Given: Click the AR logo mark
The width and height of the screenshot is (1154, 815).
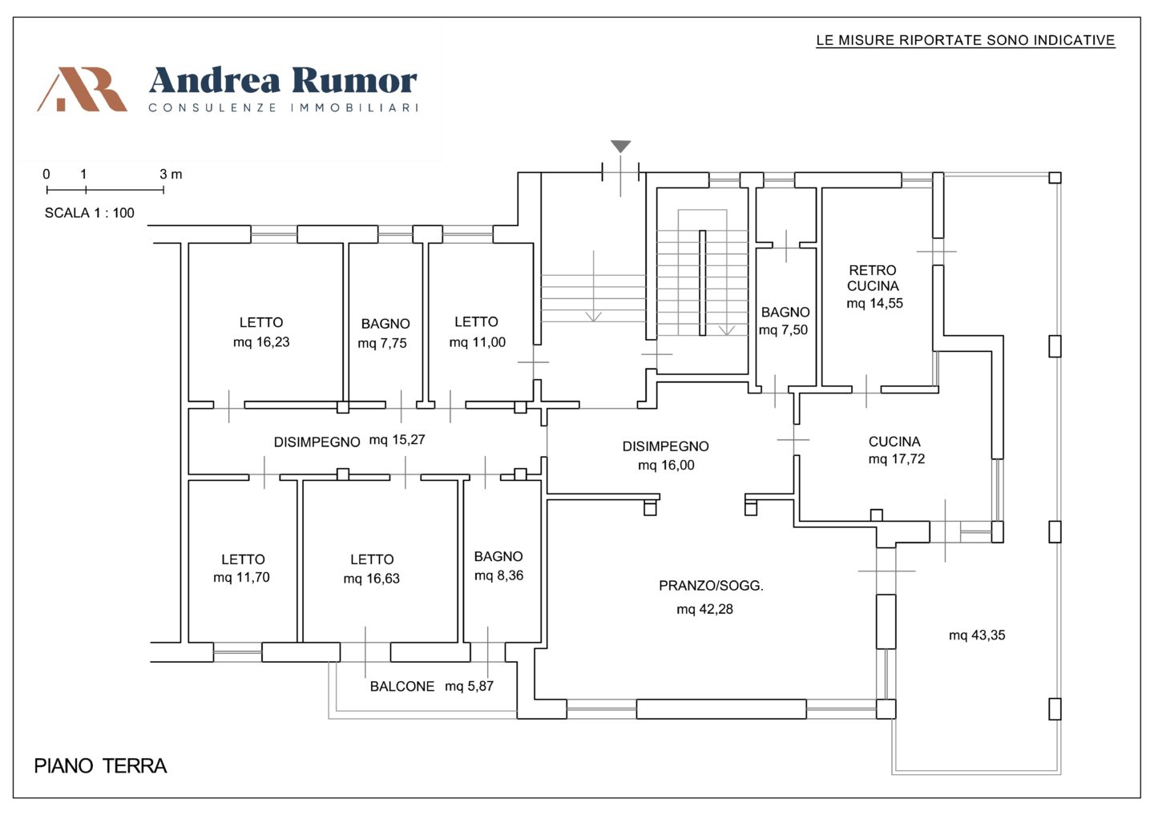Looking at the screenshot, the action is click(83, 89).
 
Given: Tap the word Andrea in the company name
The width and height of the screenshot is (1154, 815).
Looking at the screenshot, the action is click(215, 80).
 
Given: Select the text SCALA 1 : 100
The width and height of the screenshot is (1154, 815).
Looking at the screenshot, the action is click(89, 213).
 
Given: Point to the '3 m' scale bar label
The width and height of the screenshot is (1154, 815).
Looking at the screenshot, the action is click(171, 174).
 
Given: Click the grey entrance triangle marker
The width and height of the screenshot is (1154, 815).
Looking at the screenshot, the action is click(621, 146).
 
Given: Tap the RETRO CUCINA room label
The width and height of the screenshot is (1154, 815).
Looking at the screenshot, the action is click(873, 277).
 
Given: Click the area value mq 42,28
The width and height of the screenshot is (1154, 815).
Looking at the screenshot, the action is click(704, 609).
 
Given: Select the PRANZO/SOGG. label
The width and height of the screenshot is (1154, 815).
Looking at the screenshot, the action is click(711, 586).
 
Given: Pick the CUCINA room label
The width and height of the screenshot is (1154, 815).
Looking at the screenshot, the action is click(894, 442).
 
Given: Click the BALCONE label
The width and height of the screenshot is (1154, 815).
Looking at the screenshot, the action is click(402, 686).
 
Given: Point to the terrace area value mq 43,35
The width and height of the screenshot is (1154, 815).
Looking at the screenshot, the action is click(977, 635).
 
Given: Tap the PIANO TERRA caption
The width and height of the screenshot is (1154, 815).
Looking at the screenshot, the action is click(100, 766).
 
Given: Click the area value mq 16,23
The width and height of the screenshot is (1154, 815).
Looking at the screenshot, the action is click(261, 342).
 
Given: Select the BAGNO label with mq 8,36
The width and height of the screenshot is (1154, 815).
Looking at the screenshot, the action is click(498, 556).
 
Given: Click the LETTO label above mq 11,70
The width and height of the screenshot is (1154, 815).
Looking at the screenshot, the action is click(243, 559).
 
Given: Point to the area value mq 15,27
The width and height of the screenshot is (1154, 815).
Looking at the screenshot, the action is click(397, 440).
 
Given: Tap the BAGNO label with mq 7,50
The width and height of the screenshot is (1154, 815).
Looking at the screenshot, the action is click(785, 313).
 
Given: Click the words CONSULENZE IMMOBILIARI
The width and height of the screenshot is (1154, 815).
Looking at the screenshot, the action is click(284, 107).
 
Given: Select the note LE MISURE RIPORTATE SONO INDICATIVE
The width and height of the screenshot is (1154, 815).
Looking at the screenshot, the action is click(966, 40).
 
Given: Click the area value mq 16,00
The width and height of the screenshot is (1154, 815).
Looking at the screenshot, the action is click(666, 465).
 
